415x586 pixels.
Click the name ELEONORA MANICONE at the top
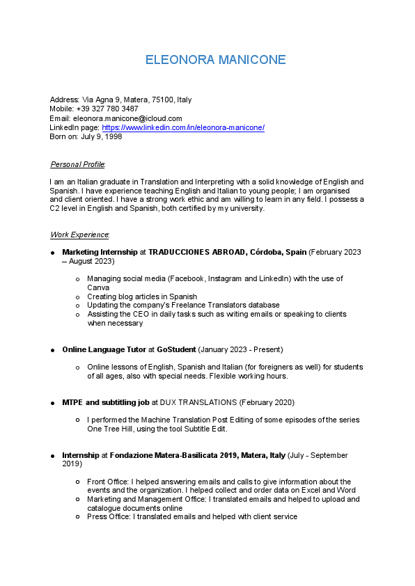click(215, 60)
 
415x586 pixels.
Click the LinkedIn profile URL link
click(183, 128)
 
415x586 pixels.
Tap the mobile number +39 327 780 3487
click(107, 109)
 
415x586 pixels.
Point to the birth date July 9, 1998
click(101, 137)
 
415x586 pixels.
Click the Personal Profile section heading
click(77, 164)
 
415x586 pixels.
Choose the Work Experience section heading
click(79, 235)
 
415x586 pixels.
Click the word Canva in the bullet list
click(98, 287)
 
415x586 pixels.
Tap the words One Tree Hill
click(108, 429)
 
